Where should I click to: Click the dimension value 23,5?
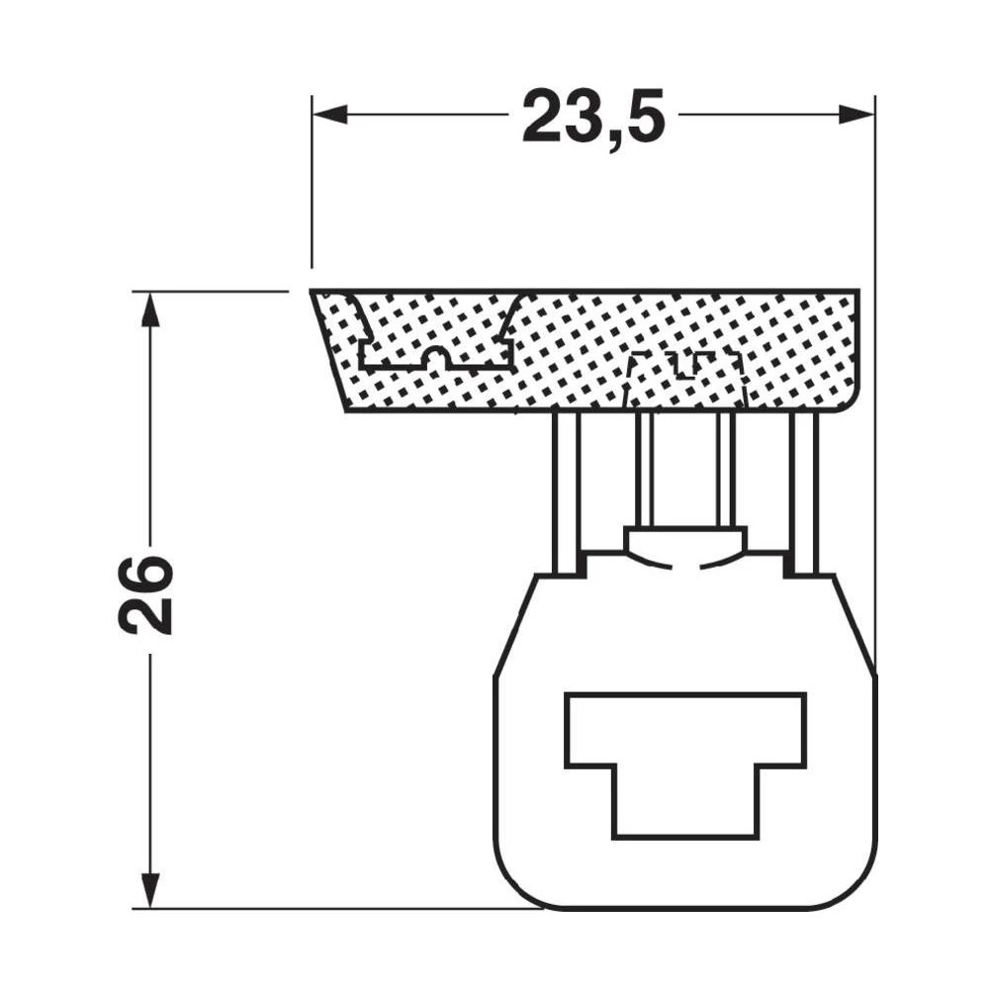pos(592,116)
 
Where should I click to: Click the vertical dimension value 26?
pos(146,593)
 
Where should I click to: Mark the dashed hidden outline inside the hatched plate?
pos(685,376)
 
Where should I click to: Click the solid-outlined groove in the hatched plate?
pos(436,346)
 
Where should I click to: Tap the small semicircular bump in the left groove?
pos(435,357)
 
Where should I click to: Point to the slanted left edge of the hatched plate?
pos(328,351)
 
